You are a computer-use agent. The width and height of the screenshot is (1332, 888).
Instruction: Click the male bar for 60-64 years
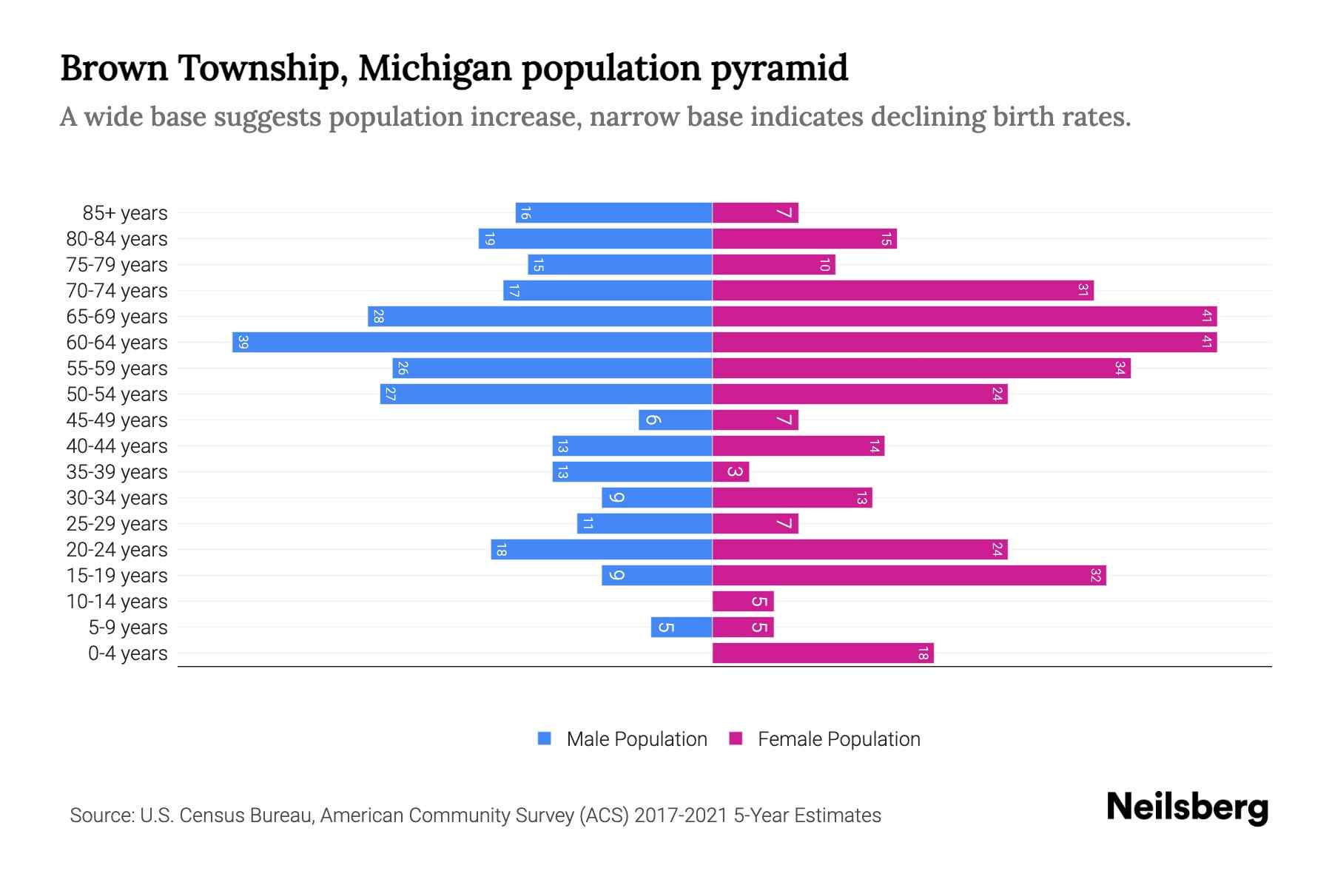pyautogui.click(x=472, y=343)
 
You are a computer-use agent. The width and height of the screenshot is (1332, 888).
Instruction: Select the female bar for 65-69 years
pyautogui.click(x=964, y=317)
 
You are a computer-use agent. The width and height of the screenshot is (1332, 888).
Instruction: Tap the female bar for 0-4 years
pyautogui.click(x=823, y=653)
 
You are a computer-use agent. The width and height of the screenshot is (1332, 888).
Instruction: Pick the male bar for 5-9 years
pyautogui.click(x=682, y=628)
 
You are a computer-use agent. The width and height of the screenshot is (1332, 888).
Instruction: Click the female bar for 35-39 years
pyautogui.click(x=730, y=472)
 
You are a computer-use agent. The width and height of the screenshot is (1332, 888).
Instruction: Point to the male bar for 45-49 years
pyautogui.click(x=675, y=420)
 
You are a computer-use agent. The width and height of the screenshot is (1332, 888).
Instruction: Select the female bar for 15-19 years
pyautogui.click(x=909, y=576)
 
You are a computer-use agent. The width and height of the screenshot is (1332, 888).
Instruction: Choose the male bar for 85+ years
pyautogui.click(x=613, y=213)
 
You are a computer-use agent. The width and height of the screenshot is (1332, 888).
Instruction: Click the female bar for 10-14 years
pyautogui.click(x=743, y=602)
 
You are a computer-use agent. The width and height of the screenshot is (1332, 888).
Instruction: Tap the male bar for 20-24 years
pyautogui.click(x=601, y=550)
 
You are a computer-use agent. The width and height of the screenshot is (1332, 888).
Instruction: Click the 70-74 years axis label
pyautogui.click(x=117, y=291)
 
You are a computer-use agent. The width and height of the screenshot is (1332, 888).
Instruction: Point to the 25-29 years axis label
pyautogui.click(x=117, y=524)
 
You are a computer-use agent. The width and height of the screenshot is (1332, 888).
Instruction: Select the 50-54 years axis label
pyautogui.click(x=117, y=394)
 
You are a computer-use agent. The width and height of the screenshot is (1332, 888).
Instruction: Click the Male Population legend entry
pyautogui.click(x=636, y=739)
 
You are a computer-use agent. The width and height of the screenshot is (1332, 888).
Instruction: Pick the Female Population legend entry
pyautogui.click(x=838, y=739)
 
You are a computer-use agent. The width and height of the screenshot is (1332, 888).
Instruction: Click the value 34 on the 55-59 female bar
pyautogui.click(x=1120, y=369)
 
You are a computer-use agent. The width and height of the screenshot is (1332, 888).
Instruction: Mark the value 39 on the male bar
pyautogui.click(x=243, y=343)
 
